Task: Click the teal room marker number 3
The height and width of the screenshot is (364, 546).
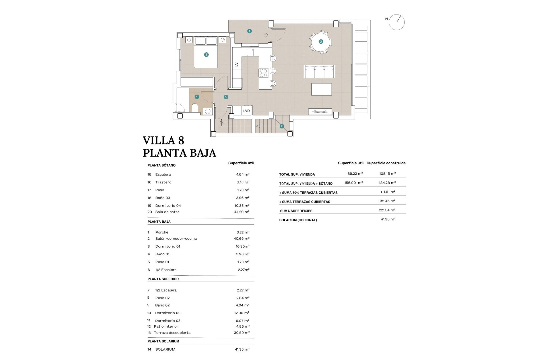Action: click(206, 55)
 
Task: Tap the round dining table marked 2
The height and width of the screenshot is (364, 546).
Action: click(321, 42)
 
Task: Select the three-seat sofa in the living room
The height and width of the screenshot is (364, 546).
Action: click(319, 71)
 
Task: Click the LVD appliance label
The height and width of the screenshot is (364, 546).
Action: click(246, 111)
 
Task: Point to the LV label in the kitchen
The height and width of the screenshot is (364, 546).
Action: click(237, 65)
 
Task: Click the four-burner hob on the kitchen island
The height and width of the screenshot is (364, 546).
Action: click(263, 73)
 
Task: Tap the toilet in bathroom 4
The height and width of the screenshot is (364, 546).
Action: click(195, 108)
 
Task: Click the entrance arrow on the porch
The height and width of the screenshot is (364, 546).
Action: click(266, 35)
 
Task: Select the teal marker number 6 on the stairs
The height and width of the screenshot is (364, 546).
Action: click(282, 126)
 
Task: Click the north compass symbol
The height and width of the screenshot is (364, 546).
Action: click(396, 22)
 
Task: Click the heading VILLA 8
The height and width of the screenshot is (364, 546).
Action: click(163, 140)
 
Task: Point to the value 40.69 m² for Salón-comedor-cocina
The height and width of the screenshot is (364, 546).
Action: click(241, 239)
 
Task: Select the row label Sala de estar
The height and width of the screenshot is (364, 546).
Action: click(167, 212)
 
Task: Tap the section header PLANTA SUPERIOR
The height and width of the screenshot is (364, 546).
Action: click(163, 279)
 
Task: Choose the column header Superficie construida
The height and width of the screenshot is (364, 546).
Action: click(386, 163)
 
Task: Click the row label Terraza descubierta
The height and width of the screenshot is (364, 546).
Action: click(172, 333)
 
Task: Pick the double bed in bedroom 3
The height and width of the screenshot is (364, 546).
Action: click(206, 53)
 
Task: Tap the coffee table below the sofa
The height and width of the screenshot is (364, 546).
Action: click(321, 89)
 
